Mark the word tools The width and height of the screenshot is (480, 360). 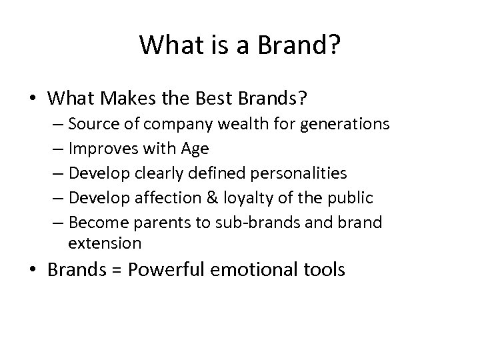pos(323,270)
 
